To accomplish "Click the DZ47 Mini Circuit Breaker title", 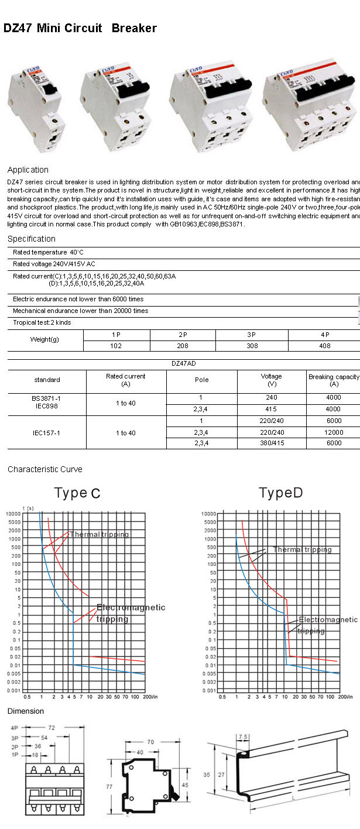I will [80, 28].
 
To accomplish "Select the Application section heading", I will [28, 170].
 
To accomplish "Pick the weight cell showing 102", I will [116, 346].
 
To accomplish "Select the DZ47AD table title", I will [184, 363].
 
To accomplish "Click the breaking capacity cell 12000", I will [334, 432].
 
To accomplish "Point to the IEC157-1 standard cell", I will [47, 433].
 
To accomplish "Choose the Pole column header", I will [201, 380].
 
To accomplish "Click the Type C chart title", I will [77, 493].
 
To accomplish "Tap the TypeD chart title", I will [281, 493].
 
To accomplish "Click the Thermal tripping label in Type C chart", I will [100, 534].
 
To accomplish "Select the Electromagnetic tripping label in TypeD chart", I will [328, 620].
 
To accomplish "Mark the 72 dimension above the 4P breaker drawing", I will [52, 727].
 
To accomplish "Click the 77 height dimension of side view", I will [109, 787].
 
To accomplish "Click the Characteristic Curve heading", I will [45, 469].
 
